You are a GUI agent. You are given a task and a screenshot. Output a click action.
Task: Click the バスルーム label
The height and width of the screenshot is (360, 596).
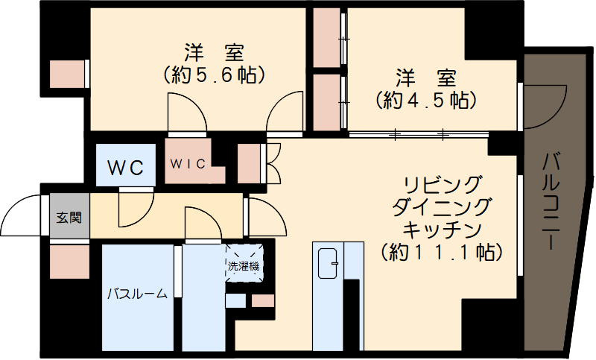pyautogui.click(x=136, y=293)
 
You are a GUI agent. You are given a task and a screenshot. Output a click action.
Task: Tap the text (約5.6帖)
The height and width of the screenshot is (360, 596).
pyautogui.click(x=214, y=75)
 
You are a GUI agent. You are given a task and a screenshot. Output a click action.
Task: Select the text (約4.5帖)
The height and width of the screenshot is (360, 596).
pyautogui.click(x=426, y=99)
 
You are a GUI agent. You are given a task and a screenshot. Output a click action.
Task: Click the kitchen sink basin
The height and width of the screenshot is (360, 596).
pyautogui.click(x=328, y=262)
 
